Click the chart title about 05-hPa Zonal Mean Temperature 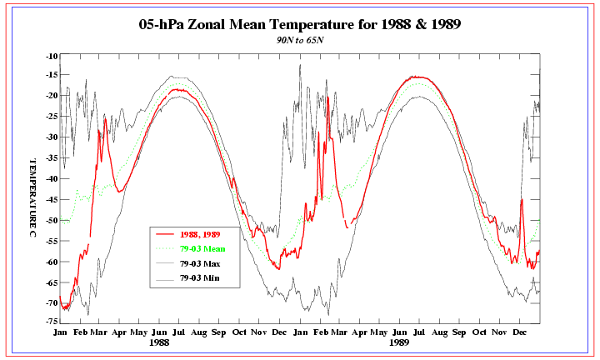point(300,24)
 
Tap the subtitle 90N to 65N point(300,39)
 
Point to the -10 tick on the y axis point(52,56)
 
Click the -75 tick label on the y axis point(52,321)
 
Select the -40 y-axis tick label point(52,178)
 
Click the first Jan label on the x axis point(60,332)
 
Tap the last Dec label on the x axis point(521,332)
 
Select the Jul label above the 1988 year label point(181,332)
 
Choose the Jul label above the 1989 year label point(421,332)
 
